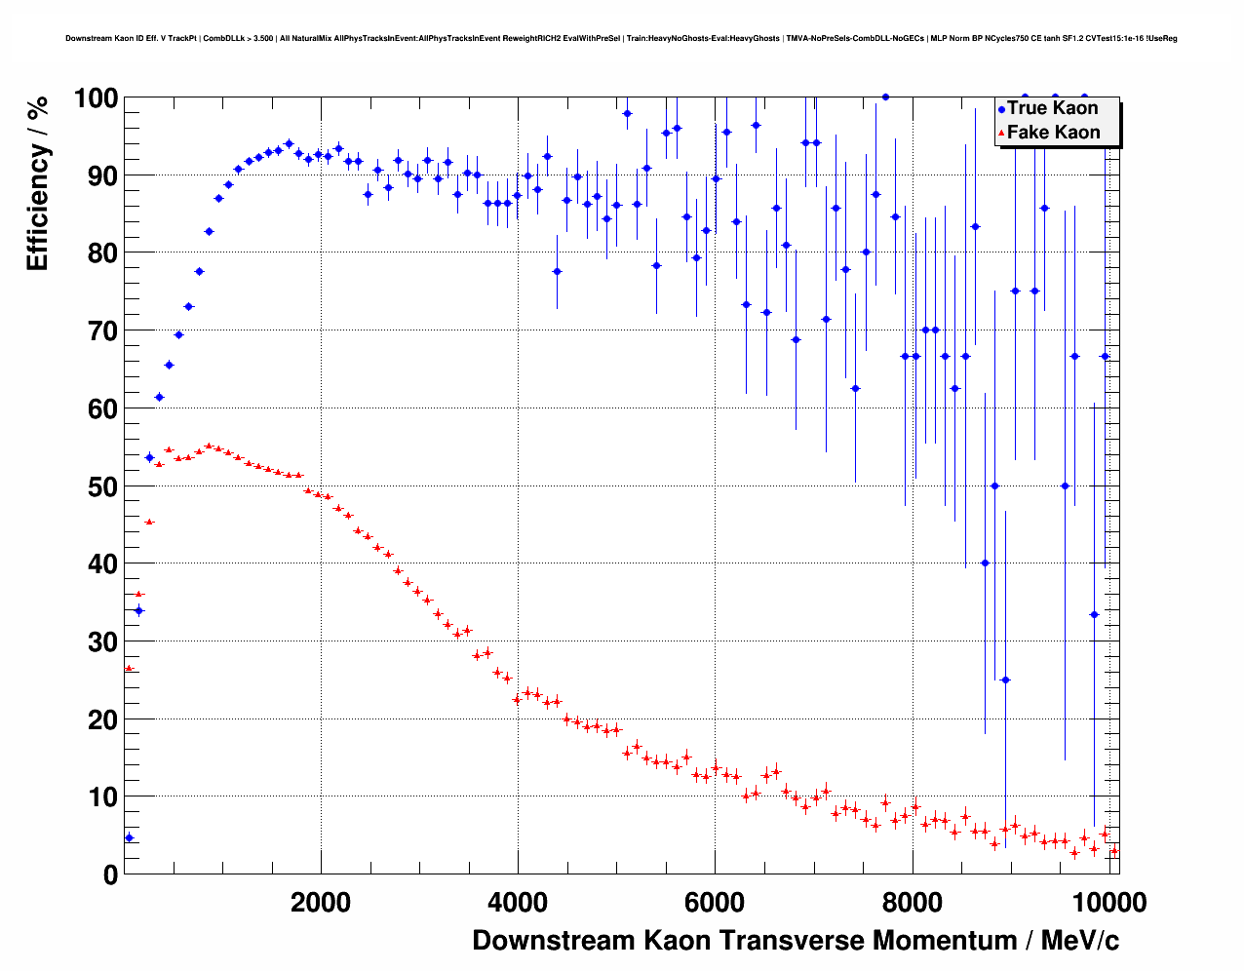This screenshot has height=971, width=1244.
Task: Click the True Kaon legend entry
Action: click(x=1052, y=108)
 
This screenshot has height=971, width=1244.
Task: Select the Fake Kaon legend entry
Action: click(x=1053, y=133)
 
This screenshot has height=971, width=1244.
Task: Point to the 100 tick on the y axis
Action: click(x=96, y=98)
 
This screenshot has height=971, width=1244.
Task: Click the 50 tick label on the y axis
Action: click(x=102, y=486)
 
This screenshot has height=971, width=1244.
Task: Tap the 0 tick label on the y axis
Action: click(x=110, y=874)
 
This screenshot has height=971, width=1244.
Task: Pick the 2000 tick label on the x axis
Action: click(x=321, y=903)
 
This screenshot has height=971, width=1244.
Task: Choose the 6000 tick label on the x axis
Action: click(x=715, y=903)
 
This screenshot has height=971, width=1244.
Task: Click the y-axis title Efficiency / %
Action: click(x=37, y=183)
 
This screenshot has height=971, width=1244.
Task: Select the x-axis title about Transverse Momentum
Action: click(x=796, y=941)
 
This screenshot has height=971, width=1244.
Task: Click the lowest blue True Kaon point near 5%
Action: click(x=129, y=837)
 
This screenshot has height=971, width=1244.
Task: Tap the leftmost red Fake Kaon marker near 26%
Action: click(x=129, y=668)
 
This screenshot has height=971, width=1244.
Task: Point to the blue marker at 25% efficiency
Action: click(x=1005, y=680)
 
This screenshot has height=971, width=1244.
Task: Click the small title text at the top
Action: click(x=621, y=39)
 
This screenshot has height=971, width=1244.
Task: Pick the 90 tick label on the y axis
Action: click(x=102, y=176)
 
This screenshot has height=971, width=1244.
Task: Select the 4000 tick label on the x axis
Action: click(x=518, y=903)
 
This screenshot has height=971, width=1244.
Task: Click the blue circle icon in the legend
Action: click(x=1001, y=110)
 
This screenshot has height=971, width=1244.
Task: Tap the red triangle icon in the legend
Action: click(x=1001, y=134)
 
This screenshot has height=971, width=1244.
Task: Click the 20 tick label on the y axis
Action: click(x=102, y=719)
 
